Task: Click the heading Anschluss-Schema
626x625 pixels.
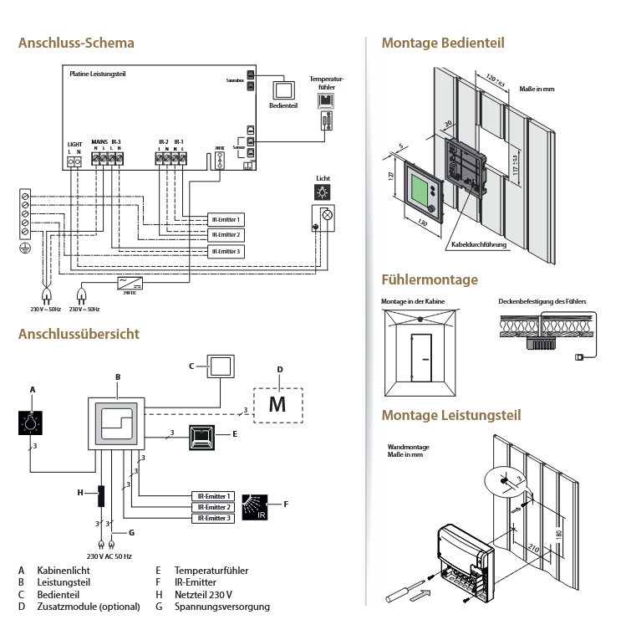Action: click(x=76, y=43)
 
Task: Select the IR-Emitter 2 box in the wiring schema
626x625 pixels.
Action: click(x=226, y=235)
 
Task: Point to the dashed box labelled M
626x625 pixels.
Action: click(x=277, y=405)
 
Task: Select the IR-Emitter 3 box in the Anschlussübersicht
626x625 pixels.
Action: click(x=212, y=519)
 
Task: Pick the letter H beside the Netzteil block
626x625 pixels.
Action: click(x=80, y=493)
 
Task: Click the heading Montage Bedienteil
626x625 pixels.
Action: click(x=442, y=43)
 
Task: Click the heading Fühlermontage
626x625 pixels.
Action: click(x=429, y=279)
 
